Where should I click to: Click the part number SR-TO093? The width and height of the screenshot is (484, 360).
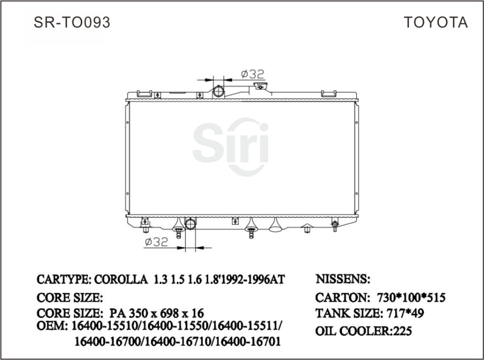click(x=72, y=22)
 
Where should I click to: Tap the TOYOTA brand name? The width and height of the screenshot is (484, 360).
click(x=435, y=22)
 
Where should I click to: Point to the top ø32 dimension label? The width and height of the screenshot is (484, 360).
click(x=252, y=74)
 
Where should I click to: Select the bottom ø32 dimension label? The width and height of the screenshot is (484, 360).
click(x=156, y=242)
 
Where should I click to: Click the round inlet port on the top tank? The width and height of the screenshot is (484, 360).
click(x=219, y=91)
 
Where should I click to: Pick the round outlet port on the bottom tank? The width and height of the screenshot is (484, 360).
click(x=190, y=223)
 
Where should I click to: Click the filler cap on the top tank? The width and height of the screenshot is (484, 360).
click(x=259, y=86)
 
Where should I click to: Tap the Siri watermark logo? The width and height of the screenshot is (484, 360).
click(x=231, y=144)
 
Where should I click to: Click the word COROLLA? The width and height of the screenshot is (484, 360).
click(x=121, y=279)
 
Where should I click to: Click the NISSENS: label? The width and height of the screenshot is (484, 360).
click(x=343, y=279)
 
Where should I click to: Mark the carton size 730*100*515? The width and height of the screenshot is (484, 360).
click(x=411, y=298)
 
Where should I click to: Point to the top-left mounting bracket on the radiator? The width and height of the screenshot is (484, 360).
click(x=144, y=94)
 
